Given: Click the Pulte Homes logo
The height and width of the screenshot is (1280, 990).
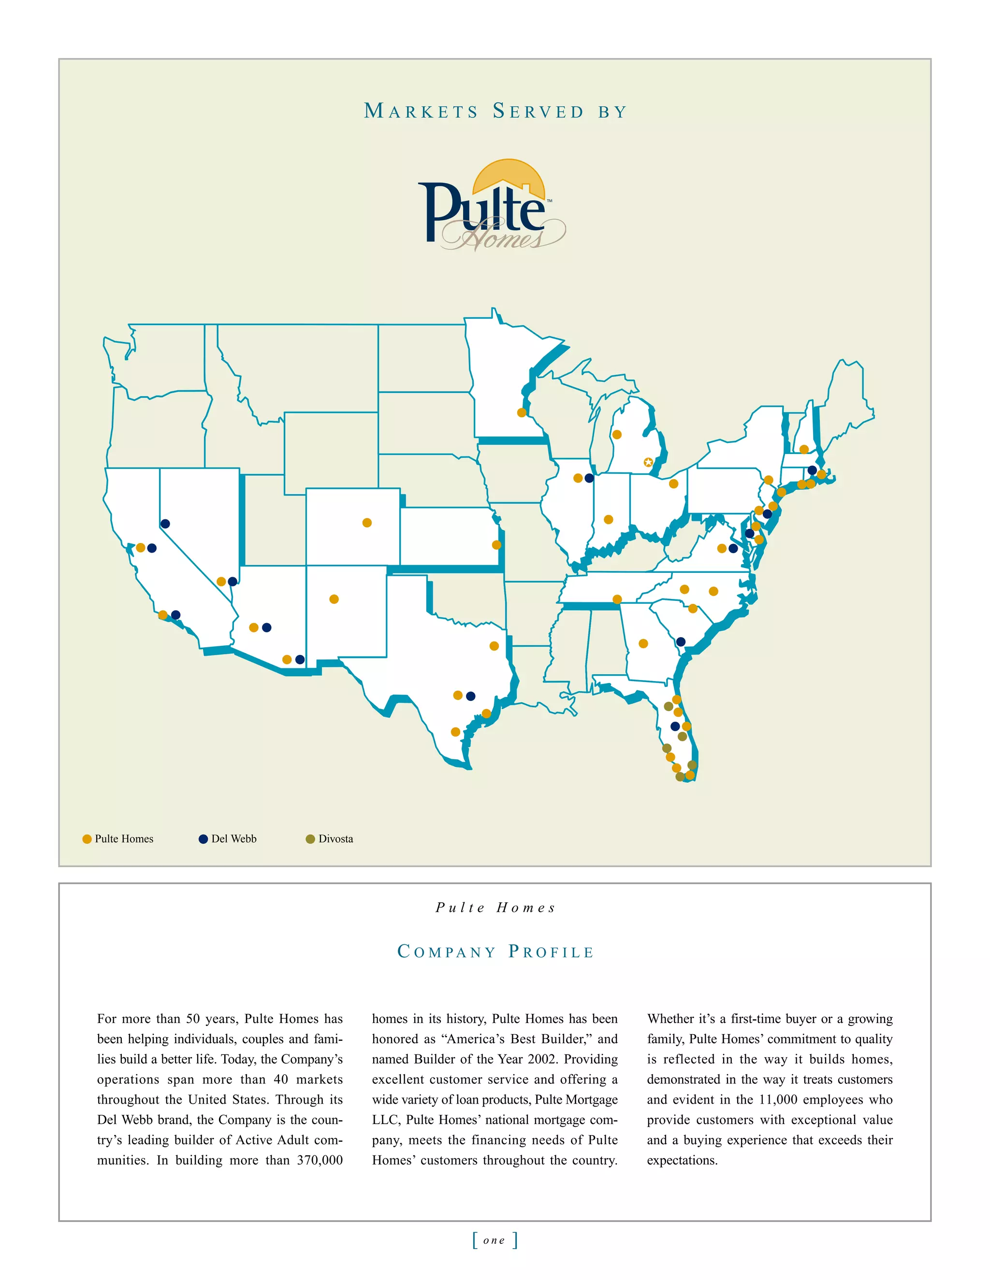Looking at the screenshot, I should (492, 206).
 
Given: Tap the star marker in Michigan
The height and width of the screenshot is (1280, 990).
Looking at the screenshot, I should (648, 462).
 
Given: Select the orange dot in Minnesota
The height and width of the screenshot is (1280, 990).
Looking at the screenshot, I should (522, 412).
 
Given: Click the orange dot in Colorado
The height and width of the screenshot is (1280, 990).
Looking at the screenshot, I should (367, 523).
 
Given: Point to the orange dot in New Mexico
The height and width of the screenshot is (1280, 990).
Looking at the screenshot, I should (334, 599).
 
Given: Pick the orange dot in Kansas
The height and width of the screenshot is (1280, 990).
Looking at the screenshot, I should (496, 545).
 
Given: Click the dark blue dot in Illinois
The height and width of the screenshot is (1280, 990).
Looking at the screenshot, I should (589, 478).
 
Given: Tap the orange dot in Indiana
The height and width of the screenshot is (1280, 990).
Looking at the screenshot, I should (608, 520).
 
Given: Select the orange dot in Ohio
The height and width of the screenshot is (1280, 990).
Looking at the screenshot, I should (673, 484).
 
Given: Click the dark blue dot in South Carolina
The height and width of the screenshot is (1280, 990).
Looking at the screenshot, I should (680, 642).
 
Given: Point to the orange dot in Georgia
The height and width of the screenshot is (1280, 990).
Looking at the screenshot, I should (643, 643).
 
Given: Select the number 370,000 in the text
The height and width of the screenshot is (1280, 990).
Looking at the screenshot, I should (320, 1160).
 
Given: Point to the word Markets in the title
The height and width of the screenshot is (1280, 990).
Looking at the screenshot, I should (421, 112).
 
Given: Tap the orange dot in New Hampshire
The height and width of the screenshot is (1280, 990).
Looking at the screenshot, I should (804, 450).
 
